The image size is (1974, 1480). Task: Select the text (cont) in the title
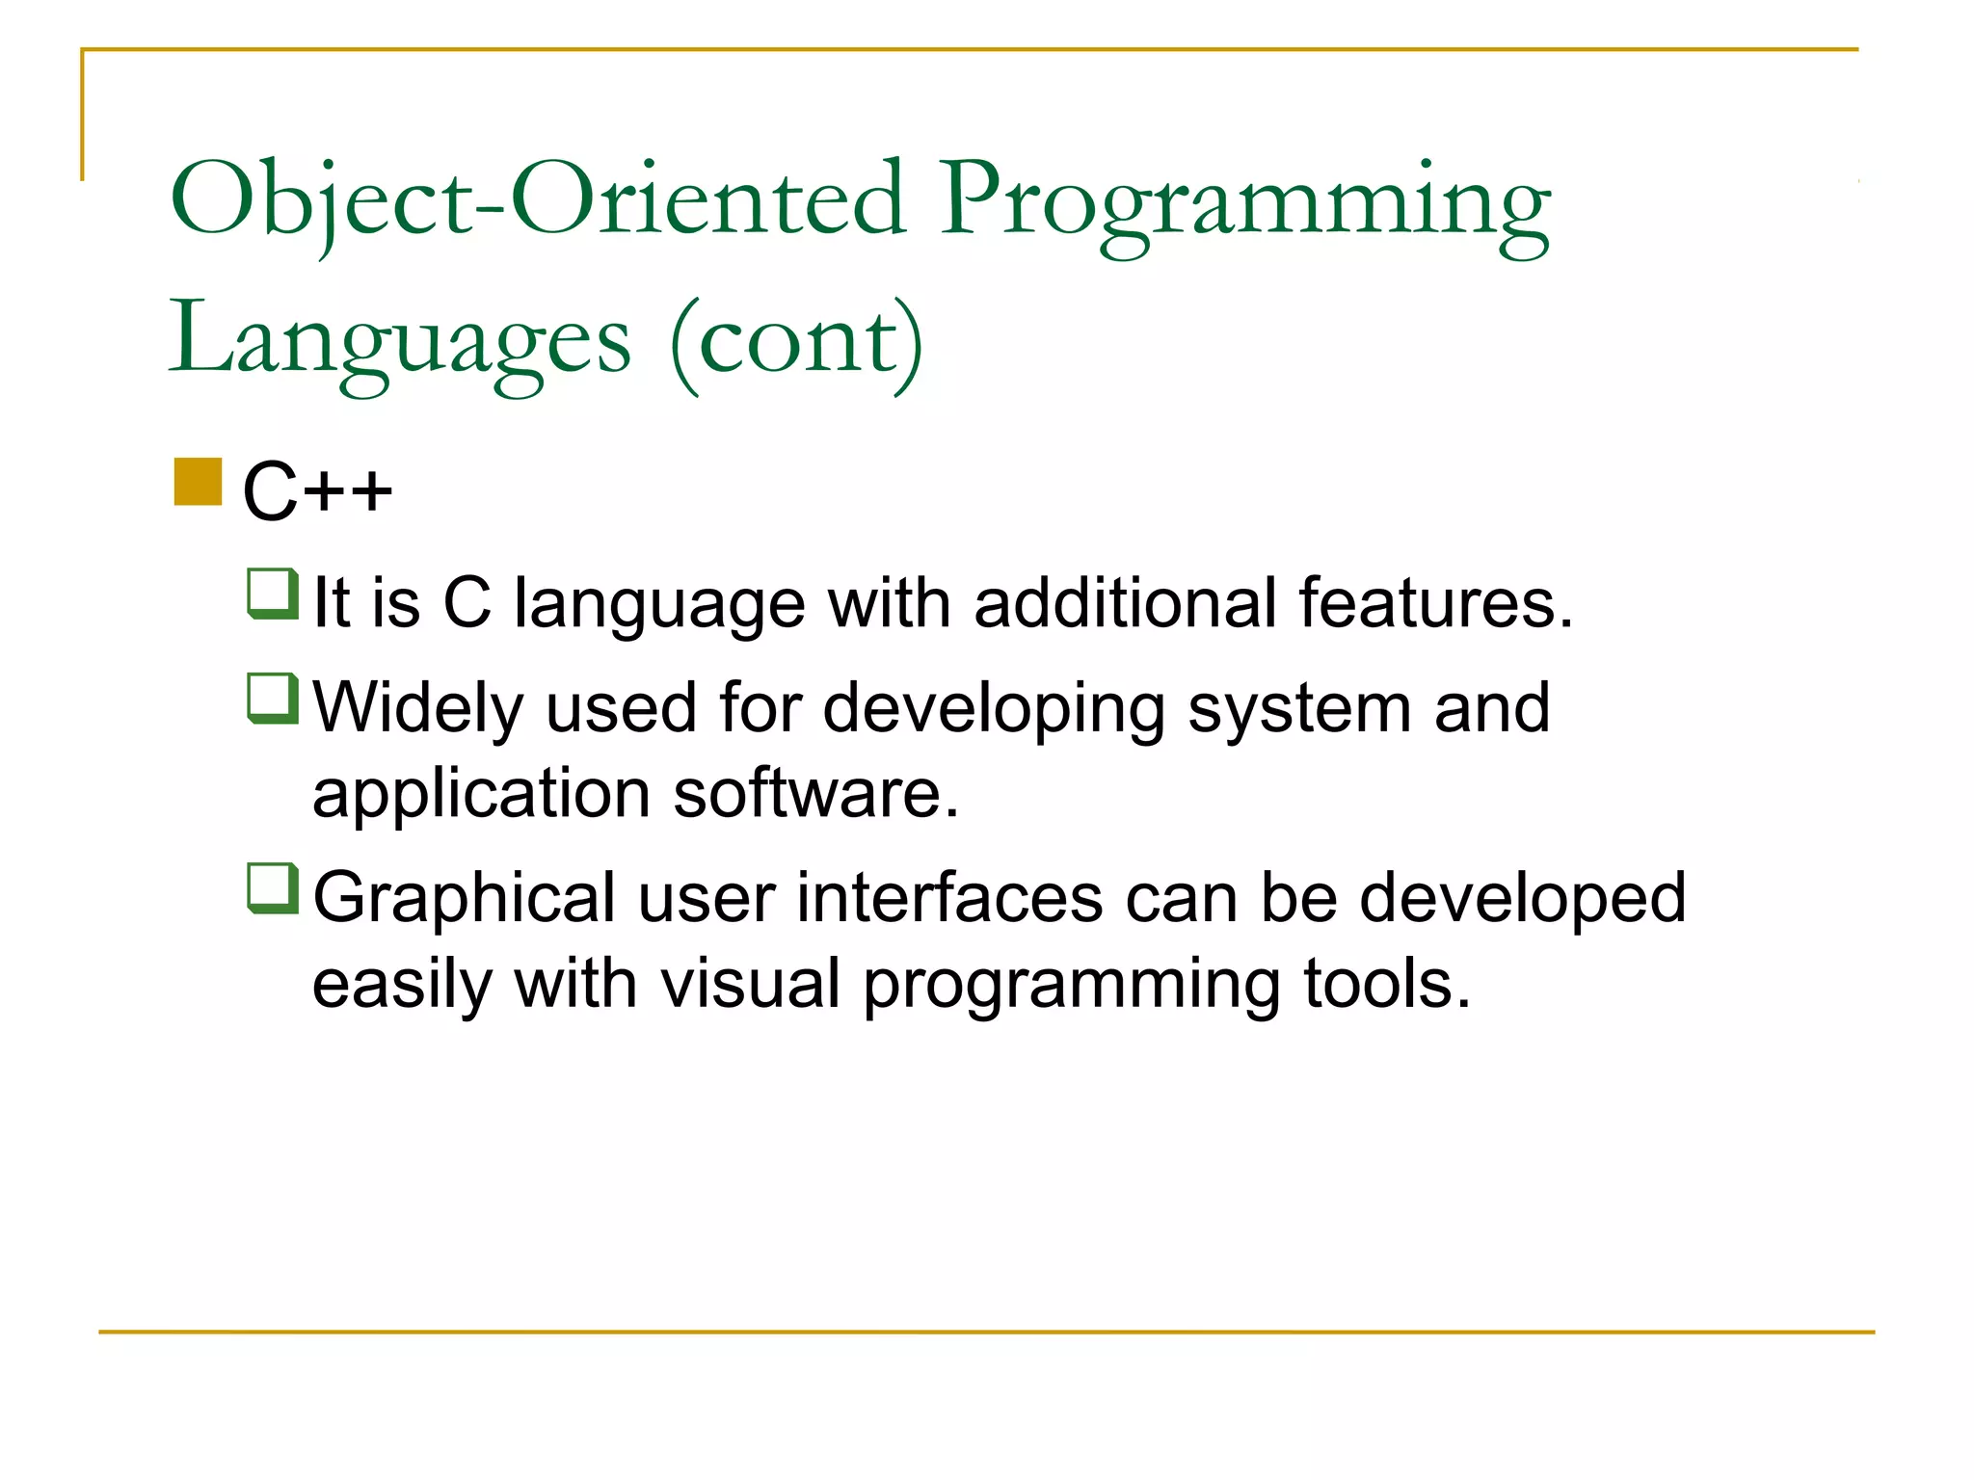[797, 342]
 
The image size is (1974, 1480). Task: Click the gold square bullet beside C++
[199, 482]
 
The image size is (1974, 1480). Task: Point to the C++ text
[317, 491]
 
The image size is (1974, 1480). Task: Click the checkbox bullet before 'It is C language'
[273, 594]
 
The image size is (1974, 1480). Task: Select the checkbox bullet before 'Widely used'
[273, 698]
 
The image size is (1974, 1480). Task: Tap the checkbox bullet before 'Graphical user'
[273, 888]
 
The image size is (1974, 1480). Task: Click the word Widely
[418, 709]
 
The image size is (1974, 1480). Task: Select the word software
[815, 794]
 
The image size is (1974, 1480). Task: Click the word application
[482, 796]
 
